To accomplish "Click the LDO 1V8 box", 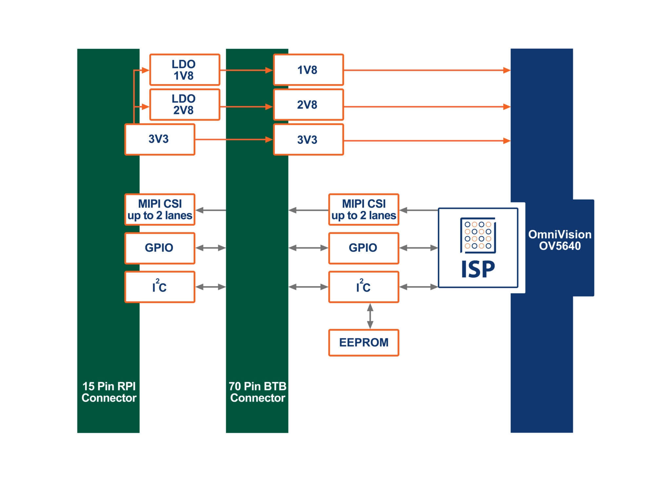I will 184,70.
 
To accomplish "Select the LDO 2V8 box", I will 184,104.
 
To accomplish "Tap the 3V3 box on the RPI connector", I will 160,139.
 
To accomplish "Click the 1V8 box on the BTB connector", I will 308,70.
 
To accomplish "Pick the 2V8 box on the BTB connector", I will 308,105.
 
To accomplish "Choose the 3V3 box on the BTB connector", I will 308,139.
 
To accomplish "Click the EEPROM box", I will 364,342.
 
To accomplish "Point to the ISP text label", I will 478,270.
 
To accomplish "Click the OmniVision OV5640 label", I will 560,240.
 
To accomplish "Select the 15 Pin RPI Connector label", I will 109,392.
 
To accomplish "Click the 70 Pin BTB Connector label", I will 258,392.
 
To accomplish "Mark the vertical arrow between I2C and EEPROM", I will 370,316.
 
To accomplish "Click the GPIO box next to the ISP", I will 364,248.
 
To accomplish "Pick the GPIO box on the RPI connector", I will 160,248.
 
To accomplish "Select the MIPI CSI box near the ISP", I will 364,210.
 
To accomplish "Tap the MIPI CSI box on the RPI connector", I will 160,210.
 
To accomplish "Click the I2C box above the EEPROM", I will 364,287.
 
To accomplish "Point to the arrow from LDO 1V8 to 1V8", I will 246,70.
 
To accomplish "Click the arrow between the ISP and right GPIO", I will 419,248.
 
